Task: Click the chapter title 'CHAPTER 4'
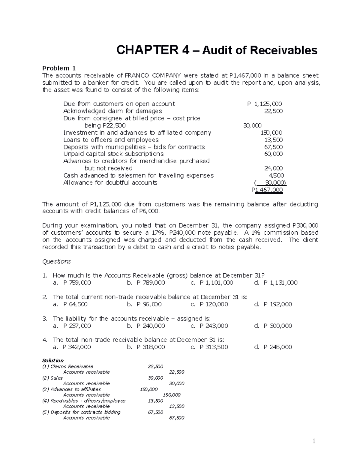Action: (x=153, y=50)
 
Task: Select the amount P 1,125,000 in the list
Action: (x=264, y=104)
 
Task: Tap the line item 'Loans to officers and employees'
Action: (x=111, y=140)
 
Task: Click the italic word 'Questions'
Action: (x=56, y=261)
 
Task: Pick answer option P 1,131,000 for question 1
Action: (x=280, y=283)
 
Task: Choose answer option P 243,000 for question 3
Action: (x=214, y=326)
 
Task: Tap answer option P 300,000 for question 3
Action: (x=277, y=326)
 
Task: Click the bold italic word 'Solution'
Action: (x=53, y=360)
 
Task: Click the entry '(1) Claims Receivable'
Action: (x=68, y=366)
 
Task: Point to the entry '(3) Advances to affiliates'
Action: (x=72, y=389)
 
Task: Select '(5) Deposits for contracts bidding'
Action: (x=81, y=412)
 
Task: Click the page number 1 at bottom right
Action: (x=313, y=441)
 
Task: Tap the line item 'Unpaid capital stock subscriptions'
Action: (x=113, y=154)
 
